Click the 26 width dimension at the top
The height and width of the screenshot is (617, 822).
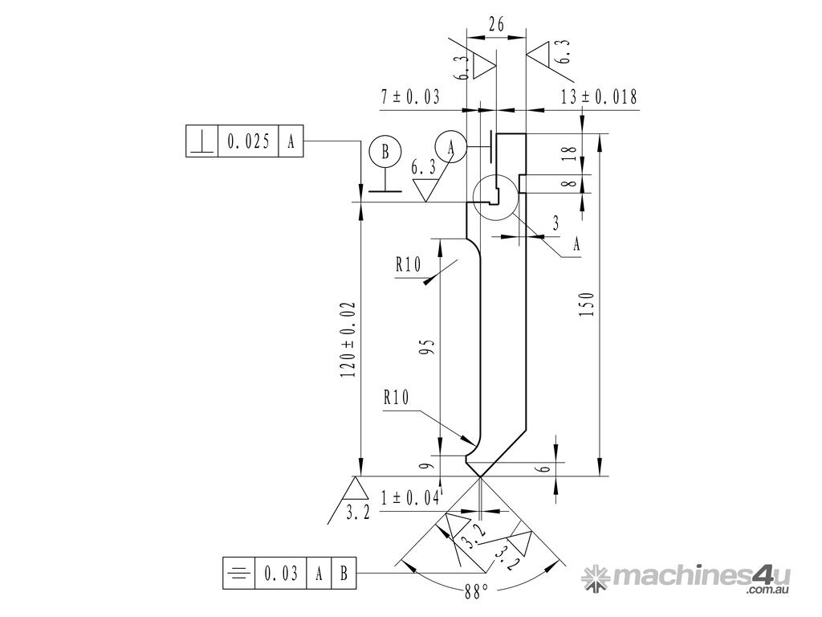[x=496, y=25]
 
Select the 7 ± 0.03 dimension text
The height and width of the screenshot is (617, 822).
[x=410, y=97]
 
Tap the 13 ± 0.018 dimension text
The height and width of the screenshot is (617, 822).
[x=599, y=97]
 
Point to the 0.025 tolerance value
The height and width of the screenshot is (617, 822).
[x=248, y=142]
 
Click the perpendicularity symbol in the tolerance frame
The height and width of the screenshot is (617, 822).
[x=201, y=142]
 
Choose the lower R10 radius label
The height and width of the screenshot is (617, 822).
[x=397, y=397]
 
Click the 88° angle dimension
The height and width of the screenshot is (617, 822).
[x=476, y=593]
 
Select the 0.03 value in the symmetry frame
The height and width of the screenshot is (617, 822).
[x=281, y=574]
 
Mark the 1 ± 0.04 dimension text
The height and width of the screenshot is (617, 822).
[x=410, y=498]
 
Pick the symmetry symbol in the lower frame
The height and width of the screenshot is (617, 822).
[x=238, y=574]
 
